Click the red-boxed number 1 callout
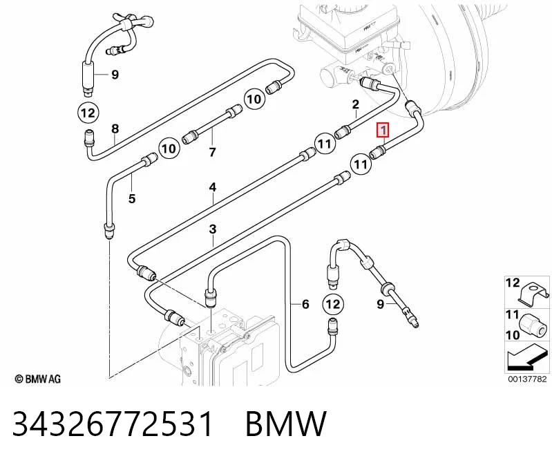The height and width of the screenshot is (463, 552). click(383, 129)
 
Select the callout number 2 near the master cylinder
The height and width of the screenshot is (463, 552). click(356, 104)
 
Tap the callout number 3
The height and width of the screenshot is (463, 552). click(213, 229)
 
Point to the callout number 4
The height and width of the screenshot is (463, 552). click(213, 187)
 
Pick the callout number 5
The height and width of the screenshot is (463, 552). click(132, 198)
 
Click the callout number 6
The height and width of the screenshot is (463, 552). click(305, 304)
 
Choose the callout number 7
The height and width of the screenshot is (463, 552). click(212, 152)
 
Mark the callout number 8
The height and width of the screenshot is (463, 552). click(115, 129)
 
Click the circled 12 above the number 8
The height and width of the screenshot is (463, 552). click(88, 113)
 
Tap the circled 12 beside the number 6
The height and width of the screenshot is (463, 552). click(333, 304)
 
